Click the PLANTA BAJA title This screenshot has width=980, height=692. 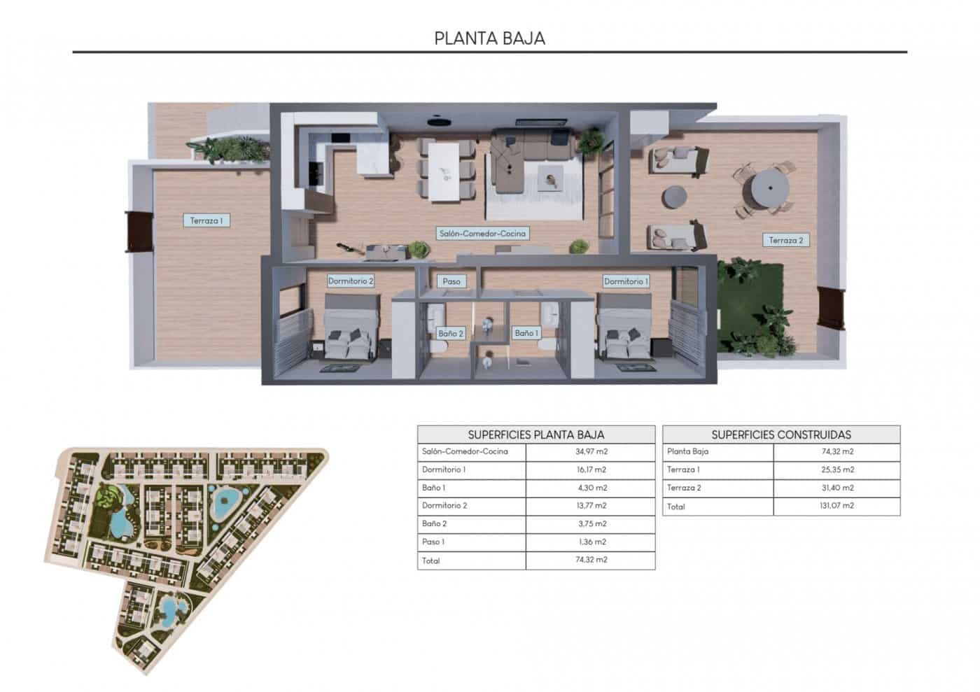[489, 38]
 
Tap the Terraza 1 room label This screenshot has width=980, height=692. [206, 221]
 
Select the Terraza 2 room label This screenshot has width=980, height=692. [785, 240]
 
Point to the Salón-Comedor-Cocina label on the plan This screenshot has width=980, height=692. [482, 234]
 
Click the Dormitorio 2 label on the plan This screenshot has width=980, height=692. [351, 281]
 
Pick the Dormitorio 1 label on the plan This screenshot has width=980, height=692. [626, 281]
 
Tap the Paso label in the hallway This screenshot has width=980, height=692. [451, 281]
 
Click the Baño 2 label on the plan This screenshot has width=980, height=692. [451, 334]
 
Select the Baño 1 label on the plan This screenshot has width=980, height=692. [526, 334]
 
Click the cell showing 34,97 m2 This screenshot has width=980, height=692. [590, 452]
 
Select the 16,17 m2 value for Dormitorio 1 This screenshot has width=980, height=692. [590, 470]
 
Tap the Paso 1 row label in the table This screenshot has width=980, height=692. [433, 542]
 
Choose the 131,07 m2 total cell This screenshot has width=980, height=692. [836, 506]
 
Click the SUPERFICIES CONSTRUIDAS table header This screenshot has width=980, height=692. [781, 435]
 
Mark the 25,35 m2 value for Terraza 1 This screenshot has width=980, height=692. [836, 470]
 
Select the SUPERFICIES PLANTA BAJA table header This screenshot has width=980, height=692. [536, 435]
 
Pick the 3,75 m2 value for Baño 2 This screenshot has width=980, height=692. [590, 524]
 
